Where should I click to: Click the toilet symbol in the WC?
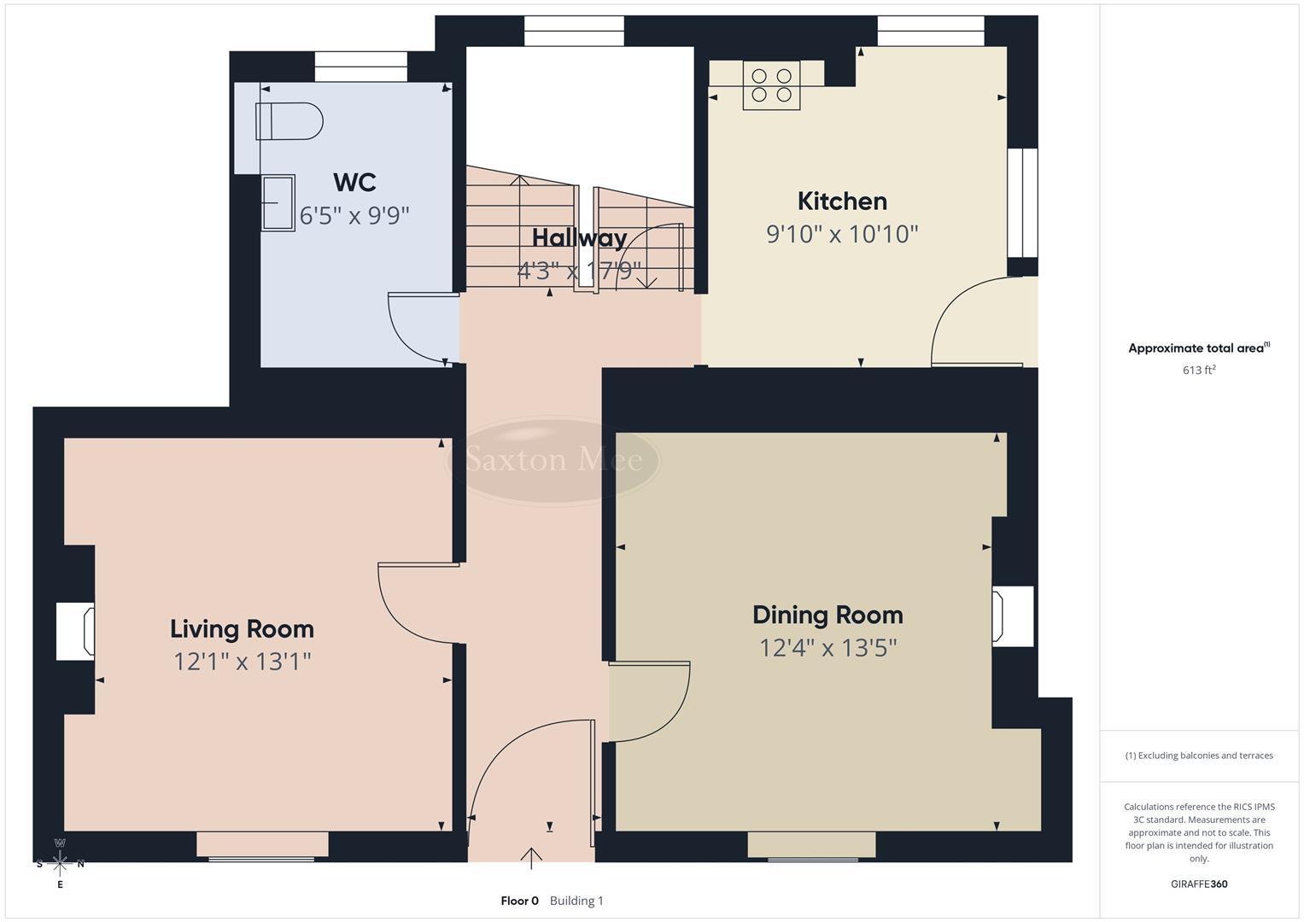(x=289, y=121)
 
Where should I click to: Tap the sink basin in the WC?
(x=278, y=202)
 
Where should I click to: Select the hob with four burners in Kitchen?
(x=771, y=85)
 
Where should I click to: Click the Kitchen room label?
(x=842, y=201)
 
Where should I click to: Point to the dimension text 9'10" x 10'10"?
(x=842, y=234)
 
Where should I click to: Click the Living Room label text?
(x=242, y=629)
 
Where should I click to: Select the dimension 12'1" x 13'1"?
(x=242, y=662)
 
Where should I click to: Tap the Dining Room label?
(x=827, y=615)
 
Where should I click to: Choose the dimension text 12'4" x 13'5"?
(x=827, y=648)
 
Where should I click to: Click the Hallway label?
(x=579, y=238)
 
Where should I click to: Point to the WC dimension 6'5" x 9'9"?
(x=354, y=215)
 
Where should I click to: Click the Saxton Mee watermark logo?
(x=554, y=460)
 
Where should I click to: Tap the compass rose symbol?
(x=60, y=863)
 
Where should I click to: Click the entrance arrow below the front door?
(x=531, y=857)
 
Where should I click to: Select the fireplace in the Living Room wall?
(x=75, y=631)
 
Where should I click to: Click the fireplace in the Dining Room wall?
(x=1012, y=616)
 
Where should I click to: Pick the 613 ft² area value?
(x=1198, y=371)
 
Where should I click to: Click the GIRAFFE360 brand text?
(x=1198, y=884)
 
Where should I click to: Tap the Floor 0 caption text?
(x=519, y=901)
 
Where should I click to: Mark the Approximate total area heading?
(x=1198, y=348)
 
